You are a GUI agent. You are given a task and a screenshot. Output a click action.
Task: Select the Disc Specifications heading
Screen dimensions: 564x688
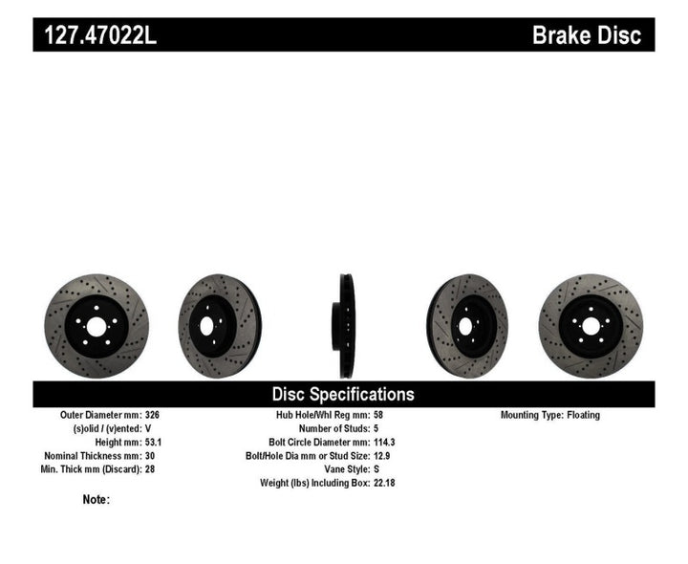point(343,394)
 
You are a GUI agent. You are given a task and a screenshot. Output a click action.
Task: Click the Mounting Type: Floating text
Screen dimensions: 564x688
point(549,416)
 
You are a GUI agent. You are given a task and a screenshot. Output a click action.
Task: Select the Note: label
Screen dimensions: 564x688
point(97,499)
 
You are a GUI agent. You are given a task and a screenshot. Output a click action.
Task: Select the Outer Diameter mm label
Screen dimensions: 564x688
point(100,416)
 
